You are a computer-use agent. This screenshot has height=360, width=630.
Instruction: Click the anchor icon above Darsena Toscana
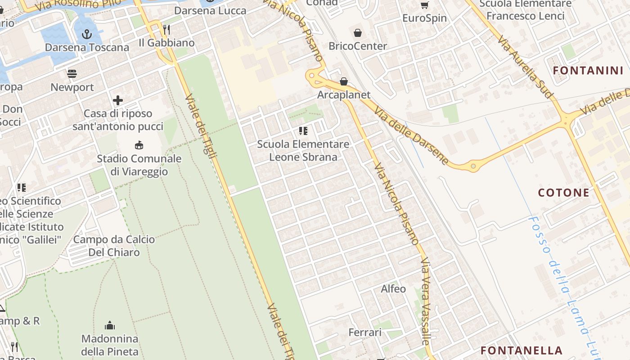tap(86, 34)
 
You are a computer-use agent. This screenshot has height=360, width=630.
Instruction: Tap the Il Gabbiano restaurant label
tap(166, 43)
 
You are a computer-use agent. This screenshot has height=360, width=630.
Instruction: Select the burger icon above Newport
tap(72, 73)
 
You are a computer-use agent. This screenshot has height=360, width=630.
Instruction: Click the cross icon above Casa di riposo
tap(118, 100)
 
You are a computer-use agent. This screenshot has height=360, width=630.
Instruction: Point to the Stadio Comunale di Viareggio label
tap(139, 165)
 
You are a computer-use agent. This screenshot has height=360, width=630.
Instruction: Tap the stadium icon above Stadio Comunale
tap(139, 145)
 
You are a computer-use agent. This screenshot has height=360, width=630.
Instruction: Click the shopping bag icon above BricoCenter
tap(358, 32)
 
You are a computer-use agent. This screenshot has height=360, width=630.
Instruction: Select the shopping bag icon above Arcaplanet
tap(344, 81)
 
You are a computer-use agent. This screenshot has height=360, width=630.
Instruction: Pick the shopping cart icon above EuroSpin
tap(424, 5)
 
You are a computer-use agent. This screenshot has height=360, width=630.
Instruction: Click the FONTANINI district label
tap(588, 70)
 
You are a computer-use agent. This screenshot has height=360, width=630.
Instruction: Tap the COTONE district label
tap(564, 193)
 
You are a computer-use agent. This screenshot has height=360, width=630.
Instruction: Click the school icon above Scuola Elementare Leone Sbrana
tap(303, 131)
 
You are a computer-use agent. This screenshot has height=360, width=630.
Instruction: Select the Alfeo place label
tap(393, 288)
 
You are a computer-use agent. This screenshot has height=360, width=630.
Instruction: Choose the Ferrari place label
tap(365, 332)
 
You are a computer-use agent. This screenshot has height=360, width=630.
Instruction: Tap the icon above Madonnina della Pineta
tap(110, 325)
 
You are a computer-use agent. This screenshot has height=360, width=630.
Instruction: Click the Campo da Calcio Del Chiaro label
tap(114, 246)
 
